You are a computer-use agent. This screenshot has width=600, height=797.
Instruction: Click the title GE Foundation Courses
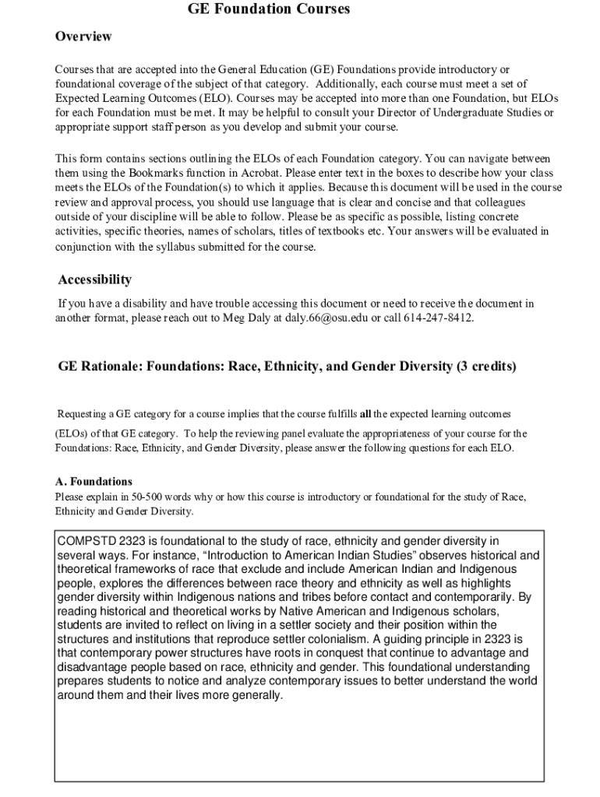(269, 9)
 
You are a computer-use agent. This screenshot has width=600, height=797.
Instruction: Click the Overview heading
(83, 37)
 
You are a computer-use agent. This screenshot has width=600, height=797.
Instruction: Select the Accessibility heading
(94, 279)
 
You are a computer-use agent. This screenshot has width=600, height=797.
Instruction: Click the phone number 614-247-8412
(438, 318)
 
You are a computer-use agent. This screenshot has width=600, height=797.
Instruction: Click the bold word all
(365, 413)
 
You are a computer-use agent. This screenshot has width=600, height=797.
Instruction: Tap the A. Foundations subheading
(94, 482)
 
